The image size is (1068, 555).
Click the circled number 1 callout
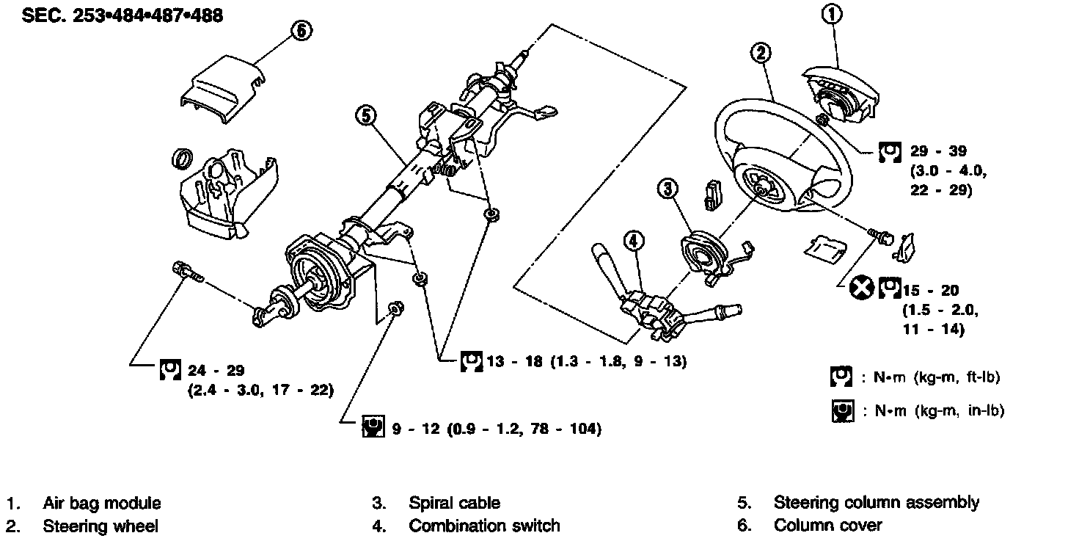832,14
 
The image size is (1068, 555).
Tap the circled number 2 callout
761,51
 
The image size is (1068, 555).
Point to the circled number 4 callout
634,240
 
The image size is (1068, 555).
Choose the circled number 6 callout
301,30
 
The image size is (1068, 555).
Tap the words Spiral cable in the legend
454,504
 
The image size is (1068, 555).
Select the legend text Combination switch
484,526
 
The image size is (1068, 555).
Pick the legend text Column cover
827,526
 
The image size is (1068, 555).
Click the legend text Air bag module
101,504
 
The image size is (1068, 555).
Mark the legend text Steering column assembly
876,504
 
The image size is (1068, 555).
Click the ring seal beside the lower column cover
181,158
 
